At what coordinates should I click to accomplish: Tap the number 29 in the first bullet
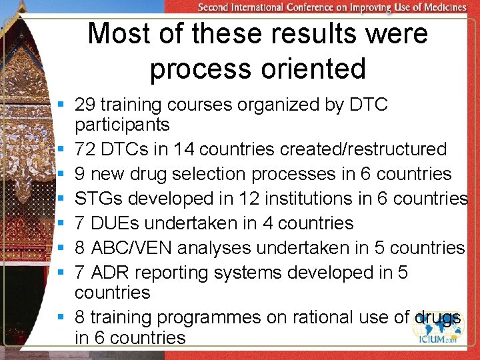tap(84, 105)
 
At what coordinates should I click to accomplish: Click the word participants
tap(122, 125)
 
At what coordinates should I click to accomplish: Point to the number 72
tap(84, 149)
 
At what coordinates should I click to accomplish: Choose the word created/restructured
tap(363, 149)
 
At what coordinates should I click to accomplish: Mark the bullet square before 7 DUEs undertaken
tap(61, 223)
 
